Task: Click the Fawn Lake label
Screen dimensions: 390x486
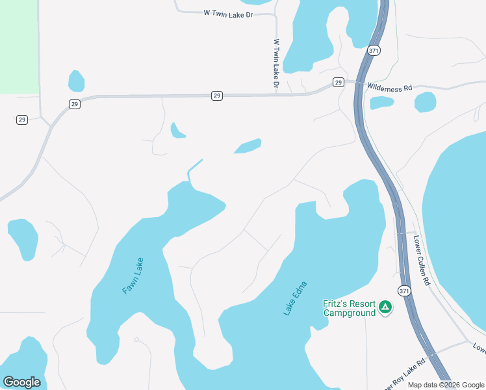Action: click(133, 276)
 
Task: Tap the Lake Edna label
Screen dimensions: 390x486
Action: click(294, 299)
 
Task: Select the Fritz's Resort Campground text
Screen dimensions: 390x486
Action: click(350, 308)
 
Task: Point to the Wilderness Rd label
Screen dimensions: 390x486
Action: click(389, 86)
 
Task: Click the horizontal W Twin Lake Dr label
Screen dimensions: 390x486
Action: click(227, 13)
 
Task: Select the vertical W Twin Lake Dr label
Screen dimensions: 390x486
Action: click(276, 64)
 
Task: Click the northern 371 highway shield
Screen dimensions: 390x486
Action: click(373, 51)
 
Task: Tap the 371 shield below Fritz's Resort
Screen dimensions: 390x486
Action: click(405, 291)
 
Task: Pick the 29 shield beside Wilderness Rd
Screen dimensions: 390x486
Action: click(338, 82)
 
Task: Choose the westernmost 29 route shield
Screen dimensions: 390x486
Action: click(22, 120)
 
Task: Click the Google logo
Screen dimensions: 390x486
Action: click(21, 382)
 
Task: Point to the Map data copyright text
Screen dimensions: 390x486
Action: click(446, 385)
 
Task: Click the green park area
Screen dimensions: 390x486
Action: click(19, 45)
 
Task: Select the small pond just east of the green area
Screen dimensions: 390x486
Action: click(77, 81)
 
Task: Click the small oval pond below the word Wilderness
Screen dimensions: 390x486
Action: click(381, 103)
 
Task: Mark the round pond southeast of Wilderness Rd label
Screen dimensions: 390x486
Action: click(425, 102)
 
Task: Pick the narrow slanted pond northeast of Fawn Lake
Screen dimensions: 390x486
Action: click(248, 146)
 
